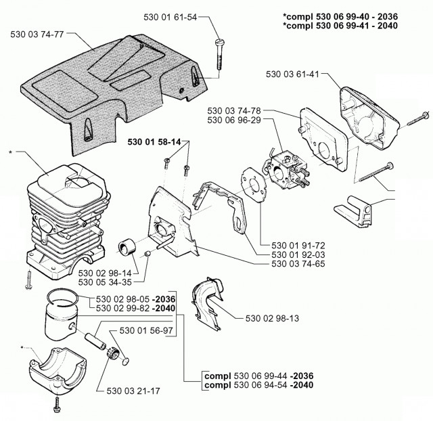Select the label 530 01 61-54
(170, 17)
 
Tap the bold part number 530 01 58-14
(154, 142)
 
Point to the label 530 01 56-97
(147, 330)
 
